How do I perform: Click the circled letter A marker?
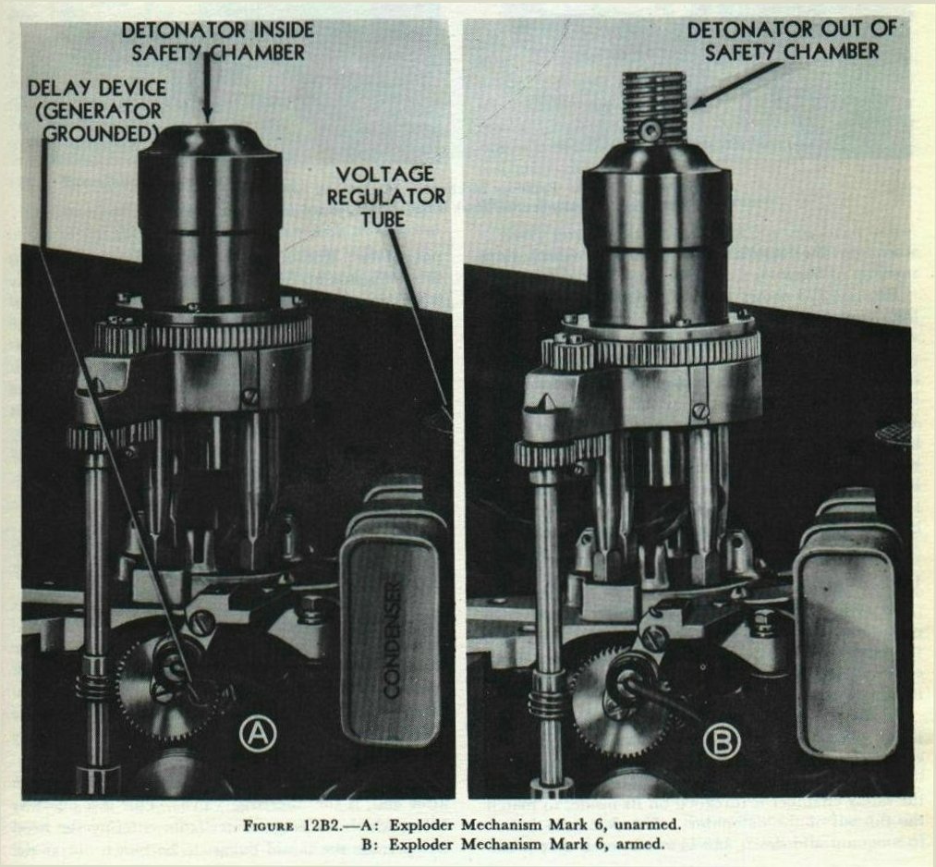tap(258, 734)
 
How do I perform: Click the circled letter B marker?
tap(722, 742)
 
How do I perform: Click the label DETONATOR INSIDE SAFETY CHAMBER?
tap(217, 41)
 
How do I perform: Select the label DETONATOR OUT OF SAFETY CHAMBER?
tap(792, 40)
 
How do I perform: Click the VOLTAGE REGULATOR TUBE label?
tap(385, 197)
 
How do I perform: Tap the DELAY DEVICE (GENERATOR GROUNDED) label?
tap(97, 111)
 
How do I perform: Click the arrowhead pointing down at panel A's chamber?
tap(207, 116)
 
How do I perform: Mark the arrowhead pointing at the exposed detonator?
tap(699, 103)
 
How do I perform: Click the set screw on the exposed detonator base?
tap(649, 130)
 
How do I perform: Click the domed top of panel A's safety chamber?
tap(209, 140)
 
